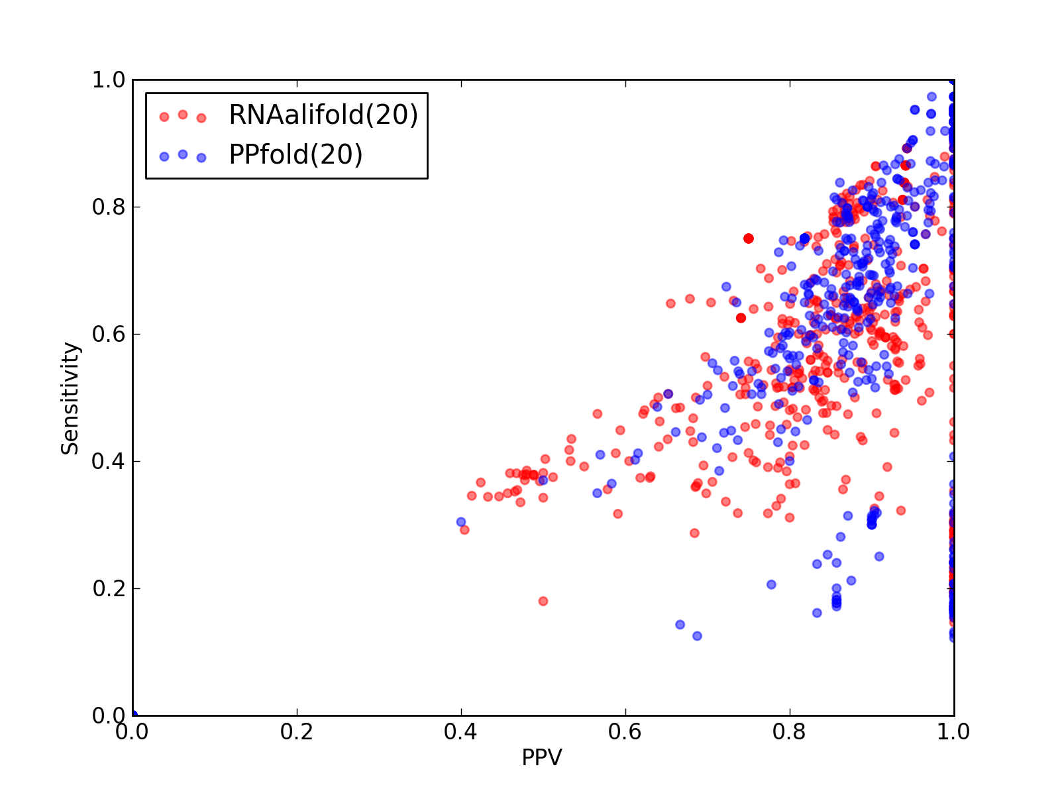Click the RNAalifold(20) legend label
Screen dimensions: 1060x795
click(x=323, y=115)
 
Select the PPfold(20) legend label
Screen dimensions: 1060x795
click(x=295, y=154)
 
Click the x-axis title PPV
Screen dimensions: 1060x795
click(x=542, y=757)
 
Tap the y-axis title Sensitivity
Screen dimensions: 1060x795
click(x=70, y=398)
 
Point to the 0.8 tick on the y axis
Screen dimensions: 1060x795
click(x=109, y=207)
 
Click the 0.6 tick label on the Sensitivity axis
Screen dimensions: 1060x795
click(x=109, y=334)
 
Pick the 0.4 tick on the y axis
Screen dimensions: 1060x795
click(x=109, y=462)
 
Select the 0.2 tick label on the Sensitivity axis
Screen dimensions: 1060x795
click(x=109, y=588)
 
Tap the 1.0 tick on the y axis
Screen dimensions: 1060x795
click(x=109, y=79)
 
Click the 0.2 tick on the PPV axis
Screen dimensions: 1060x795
click(x=297, y=732)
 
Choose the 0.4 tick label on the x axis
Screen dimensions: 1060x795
click(x=460, y=732)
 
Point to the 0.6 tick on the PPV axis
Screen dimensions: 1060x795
click(x=625, y=732)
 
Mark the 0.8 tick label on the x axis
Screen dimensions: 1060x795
click(x=789, y=732)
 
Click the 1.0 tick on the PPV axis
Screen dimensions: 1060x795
click(x=953, y=732)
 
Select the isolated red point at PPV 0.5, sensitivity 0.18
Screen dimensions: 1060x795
click(x=543, y=601)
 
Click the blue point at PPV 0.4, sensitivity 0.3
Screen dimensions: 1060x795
click(x=461, y=522)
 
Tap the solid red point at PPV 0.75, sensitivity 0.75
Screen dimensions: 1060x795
click(x=749, y=238)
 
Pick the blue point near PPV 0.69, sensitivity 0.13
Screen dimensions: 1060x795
click(x=698, y=636)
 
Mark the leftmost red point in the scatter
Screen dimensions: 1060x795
click(x=465, y=530)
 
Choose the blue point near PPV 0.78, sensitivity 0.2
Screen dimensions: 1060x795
click(x=772, y=584)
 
